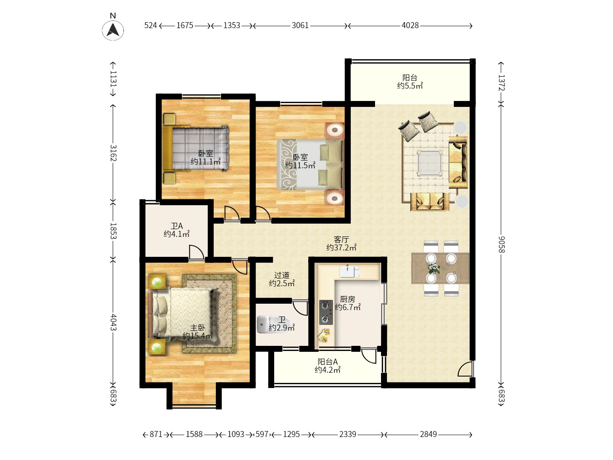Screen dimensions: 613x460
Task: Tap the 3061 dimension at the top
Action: [x=300, y=26]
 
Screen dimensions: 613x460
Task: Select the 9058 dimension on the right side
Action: [x=501, y=244]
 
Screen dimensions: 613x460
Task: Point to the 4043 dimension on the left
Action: [x=113, y=322]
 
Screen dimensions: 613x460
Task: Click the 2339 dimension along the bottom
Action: [x=348, y=434]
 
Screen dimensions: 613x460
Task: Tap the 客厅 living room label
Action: [x=341, y=239]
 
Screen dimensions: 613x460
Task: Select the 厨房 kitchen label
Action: [x=347, y=299]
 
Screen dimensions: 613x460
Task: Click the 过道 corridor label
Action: [x=281, y=276]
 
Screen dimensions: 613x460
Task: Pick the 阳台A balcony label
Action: [x=328, y=362]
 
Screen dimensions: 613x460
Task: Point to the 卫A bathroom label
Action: [x=177, y=226]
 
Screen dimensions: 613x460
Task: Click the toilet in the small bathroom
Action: [x=267, y=324]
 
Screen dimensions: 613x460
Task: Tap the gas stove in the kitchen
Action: [x=326, y=312]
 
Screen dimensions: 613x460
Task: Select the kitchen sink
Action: [x=349, y=272]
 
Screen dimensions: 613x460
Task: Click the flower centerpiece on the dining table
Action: [x=433, y=268]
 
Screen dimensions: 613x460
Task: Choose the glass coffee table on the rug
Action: [x=430, y=163]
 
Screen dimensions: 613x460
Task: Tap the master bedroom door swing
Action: [x=240, y=267]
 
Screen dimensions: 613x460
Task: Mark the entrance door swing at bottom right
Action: [x=465, y=369]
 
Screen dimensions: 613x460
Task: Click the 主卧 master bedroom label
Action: [x=198, y=328]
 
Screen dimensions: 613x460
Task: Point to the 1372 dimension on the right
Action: [x=501, y=83]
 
